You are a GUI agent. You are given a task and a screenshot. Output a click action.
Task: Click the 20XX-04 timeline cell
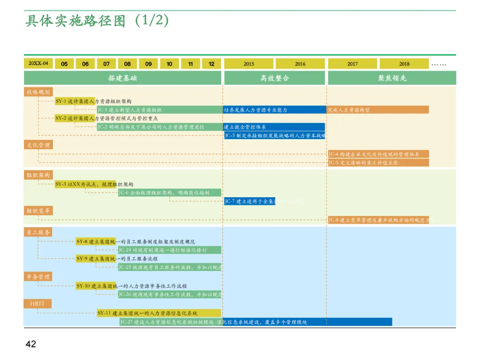(38, 64)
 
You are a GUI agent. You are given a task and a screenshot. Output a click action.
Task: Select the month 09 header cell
(148, 64)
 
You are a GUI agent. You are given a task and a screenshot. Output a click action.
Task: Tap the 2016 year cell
(300, 64)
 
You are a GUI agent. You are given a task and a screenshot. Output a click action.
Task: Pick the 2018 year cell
(404, 64)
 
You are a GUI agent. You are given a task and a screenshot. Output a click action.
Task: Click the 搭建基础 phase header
(123, 78)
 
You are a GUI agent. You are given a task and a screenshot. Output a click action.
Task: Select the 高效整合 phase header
(275, 78)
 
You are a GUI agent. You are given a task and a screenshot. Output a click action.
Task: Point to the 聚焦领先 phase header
(392, 78)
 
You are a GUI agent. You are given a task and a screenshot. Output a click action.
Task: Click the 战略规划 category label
(38, 92)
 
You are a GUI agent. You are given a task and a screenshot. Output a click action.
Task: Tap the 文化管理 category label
(38, 145)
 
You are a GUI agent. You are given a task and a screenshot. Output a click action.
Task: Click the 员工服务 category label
(38, 232)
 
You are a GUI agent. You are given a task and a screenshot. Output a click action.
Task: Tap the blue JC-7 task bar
(249, 201)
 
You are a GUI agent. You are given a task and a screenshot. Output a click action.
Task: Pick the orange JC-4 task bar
(378, 154)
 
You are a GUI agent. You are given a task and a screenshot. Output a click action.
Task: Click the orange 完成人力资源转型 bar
(378, 110)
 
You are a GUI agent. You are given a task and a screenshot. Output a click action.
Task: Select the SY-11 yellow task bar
(159, 313)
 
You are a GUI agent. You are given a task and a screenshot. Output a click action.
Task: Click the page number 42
(31, 344)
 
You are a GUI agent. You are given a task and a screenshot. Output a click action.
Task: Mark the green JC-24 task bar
(170, 250)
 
